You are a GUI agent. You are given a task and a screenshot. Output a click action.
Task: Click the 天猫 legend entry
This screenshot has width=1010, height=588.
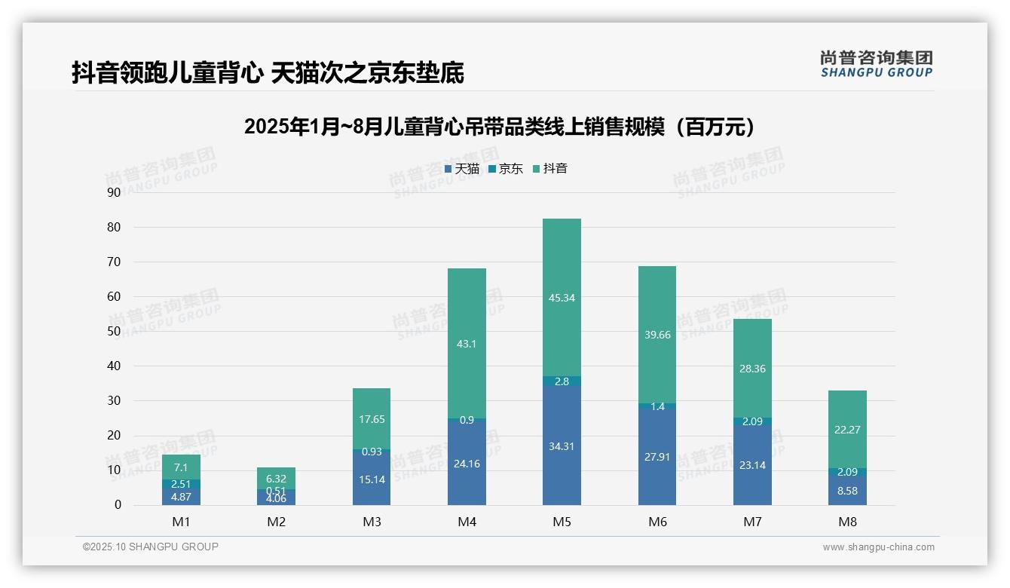pos(461,169)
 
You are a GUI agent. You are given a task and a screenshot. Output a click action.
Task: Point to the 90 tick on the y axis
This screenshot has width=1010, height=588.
pos(114,192)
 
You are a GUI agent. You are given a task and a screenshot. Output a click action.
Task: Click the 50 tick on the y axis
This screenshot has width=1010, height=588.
pos(114,331)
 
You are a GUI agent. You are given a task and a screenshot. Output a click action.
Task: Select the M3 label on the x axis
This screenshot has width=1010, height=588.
pos(372,522)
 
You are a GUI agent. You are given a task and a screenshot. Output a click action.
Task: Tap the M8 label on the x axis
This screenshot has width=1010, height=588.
pos(847,522)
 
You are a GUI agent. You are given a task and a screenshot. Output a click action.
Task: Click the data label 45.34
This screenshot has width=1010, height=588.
pos(562,298)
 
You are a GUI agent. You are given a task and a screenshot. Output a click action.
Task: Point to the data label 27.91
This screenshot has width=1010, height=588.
pos(656,457)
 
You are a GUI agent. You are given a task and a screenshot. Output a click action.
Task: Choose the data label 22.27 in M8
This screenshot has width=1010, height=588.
pos(847,430)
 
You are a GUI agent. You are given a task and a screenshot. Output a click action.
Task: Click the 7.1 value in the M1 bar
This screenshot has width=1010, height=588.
pos(181,467)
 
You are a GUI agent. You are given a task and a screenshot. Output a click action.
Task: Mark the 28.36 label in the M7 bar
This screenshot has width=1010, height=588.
pos(752,369)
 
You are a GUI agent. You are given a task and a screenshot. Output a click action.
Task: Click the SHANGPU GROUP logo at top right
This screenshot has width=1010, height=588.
pos(876,64)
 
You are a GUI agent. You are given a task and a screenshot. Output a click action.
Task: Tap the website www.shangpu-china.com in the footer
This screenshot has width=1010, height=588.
pos(878,547)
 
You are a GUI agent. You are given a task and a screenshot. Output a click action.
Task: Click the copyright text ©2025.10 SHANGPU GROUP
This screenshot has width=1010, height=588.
pos(151,547)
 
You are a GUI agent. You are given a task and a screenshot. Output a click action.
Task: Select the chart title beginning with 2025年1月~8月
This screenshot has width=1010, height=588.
pos(500,127)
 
